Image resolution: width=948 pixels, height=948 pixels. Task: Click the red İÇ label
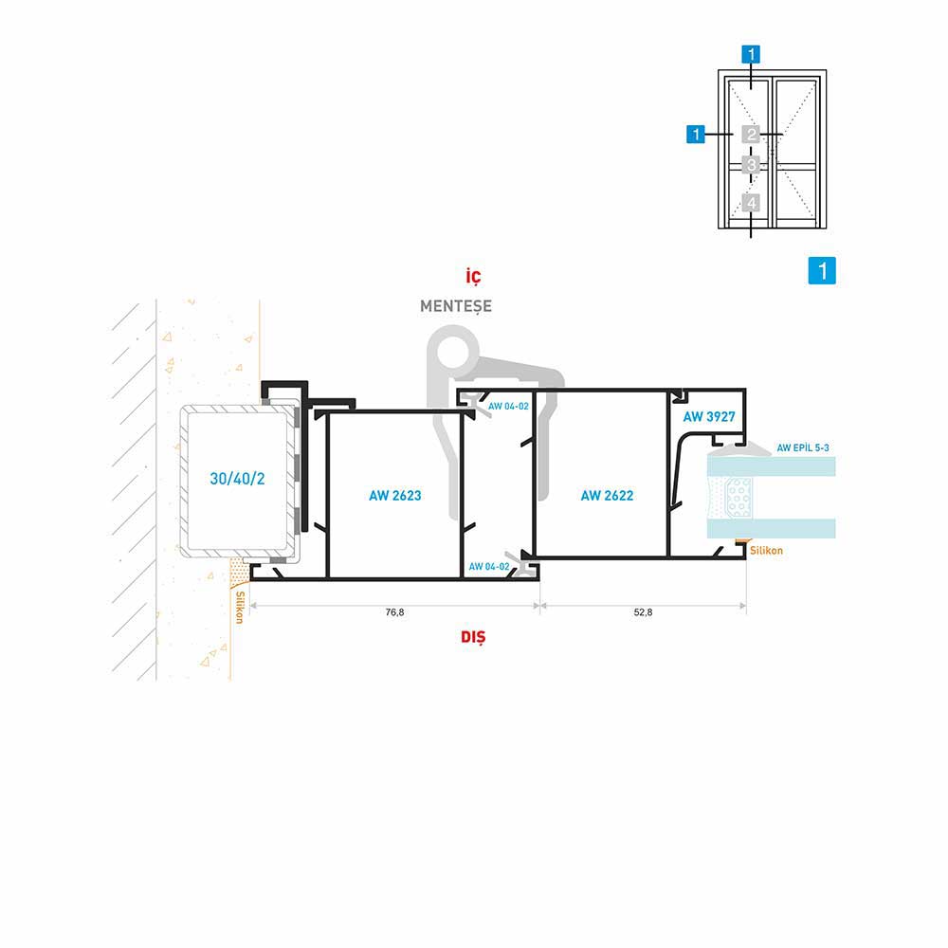[x=473, y=276]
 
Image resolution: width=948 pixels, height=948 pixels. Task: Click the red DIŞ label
[x=473, y=637]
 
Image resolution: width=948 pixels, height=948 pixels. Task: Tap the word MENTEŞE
[x=456, y=306]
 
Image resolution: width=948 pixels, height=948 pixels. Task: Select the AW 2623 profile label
[x=394, y=496]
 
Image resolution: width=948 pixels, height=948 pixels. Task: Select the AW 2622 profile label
[x=607, y=496]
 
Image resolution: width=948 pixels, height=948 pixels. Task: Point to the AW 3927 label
[x=709, y=416]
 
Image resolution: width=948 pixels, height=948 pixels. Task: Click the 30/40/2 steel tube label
[x=237, y=479]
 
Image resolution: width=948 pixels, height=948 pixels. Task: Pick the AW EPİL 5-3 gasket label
[x=803, y=448]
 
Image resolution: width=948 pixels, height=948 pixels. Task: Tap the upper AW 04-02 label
[x=508, y=407]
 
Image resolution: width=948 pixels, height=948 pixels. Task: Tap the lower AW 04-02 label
[x=489, y=567]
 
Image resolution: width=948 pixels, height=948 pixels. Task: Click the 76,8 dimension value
[x=394, y=612]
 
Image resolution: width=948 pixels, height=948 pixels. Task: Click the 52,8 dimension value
[x=643, y=612]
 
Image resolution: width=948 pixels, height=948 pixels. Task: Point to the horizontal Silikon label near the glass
[x=766, y=551]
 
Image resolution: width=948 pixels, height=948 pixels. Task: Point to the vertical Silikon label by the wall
[x=240, y=607]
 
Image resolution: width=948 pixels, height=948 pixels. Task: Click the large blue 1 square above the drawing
[x=822, y=270]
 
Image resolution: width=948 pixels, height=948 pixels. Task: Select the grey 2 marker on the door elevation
[x=751, y=135]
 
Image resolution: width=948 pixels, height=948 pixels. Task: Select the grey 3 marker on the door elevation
[x=751, y=165]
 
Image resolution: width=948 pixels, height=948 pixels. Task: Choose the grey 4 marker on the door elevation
[x=751, y=203]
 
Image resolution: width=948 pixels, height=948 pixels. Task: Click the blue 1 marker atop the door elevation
[x=751, y=54]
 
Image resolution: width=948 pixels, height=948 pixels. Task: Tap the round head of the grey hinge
[x=453, y=351]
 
